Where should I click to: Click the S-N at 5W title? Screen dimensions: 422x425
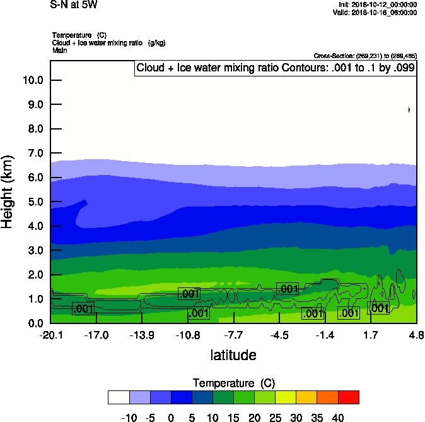74,5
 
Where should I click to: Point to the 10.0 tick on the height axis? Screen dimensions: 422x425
32,80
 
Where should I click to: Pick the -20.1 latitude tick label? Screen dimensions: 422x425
50,335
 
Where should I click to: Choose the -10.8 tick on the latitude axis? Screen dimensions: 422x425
188,335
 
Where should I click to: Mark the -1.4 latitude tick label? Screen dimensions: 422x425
325,335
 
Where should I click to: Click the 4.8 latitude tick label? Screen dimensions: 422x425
416,335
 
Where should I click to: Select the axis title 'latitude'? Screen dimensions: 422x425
233,355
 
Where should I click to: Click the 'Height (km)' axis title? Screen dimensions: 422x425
8,192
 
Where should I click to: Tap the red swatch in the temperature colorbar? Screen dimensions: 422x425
349,397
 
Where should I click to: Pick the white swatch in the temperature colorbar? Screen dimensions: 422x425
119,397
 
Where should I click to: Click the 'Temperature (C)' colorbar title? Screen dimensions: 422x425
233,383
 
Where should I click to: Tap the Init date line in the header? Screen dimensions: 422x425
376,5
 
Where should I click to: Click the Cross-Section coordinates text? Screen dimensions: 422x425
364,56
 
